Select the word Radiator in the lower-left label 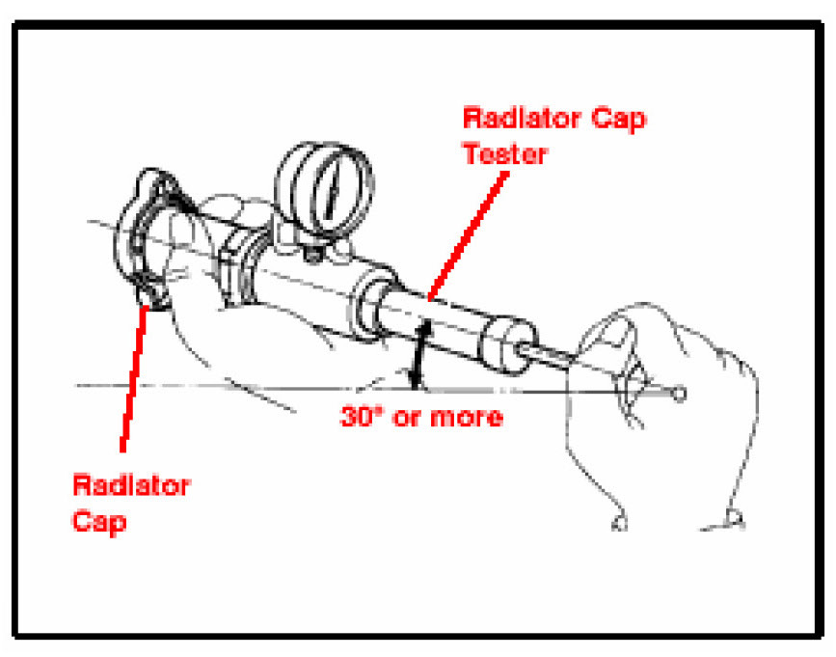tap(130, 484)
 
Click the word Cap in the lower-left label tap(100, 520)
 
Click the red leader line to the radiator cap tap(134, 376)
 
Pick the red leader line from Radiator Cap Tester tap(468, 231)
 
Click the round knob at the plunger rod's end tap(681, 394)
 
